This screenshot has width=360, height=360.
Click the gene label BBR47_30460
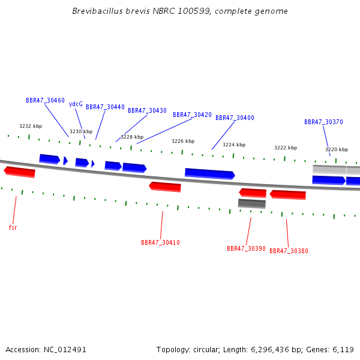point(45,101)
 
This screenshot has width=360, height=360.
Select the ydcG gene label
point(76,104)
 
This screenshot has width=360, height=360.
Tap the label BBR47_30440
point(105,107)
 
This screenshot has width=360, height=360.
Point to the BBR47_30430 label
point(147,110)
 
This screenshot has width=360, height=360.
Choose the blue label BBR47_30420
point(192,115)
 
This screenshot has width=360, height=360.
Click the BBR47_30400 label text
point(235,118)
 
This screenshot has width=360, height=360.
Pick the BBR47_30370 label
point(323,122)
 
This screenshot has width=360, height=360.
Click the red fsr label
point(13,227)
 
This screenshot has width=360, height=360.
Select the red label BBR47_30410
point(160,242)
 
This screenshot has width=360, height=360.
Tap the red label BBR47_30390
point(246,248)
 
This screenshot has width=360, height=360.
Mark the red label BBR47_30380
point(289,251)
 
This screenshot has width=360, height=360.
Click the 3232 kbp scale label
point(31,126)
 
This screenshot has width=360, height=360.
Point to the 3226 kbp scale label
point(183,141)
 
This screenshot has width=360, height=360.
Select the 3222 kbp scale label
point(286,148)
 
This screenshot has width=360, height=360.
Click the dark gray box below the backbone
point(252,203)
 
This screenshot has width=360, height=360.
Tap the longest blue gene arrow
point(210,174)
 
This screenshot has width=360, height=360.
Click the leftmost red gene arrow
point(20,172)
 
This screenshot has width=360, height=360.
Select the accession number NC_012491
point(65,350)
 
